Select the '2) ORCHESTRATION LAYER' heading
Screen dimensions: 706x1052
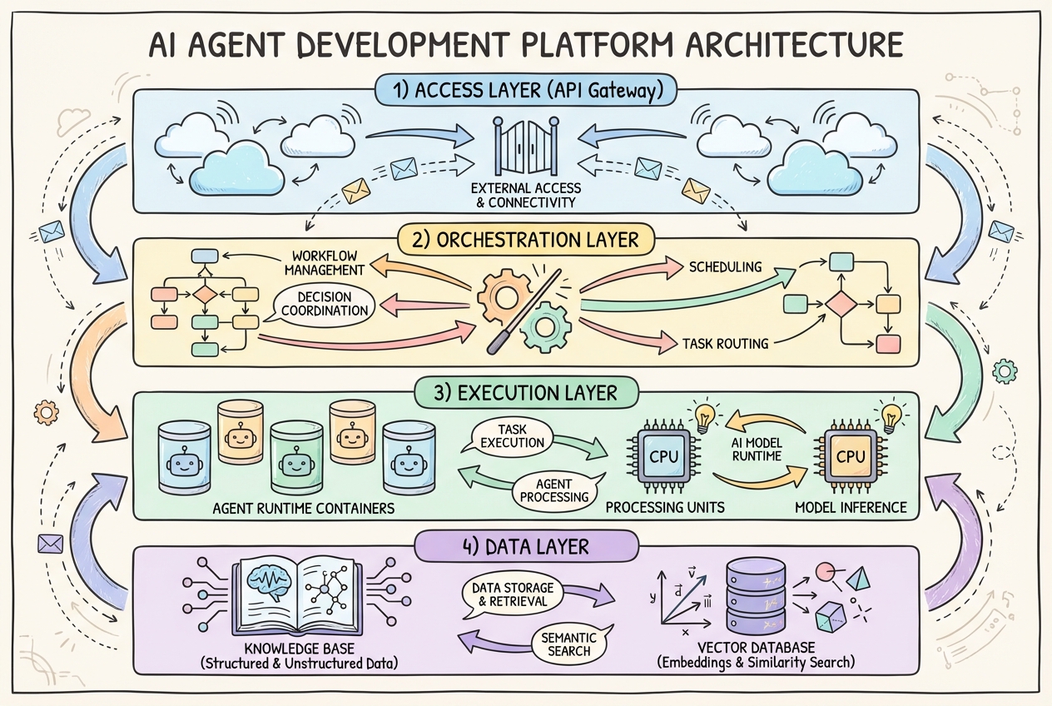526,240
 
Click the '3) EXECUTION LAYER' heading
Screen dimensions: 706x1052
526,392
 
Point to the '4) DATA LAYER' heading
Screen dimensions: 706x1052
526,547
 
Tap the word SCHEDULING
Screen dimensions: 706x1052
725,267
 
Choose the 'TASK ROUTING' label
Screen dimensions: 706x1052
725,342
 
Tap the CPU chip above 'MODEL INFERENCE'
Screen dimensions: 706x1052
850,456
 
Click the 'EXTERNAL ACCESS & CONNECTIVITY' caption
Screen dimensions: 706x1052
526,194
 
